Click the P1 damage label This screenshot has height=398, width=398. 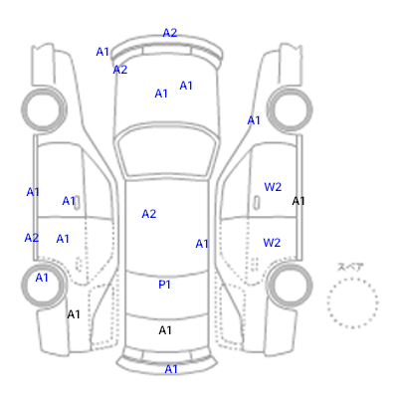[x=164, y=285]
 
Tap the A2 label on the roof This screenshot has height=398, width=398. [x=149, y=214]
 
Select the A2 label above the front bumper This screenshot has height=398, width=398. [x=170, y=33]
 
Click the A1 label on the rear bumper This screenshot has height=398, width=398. [x=171, y=369]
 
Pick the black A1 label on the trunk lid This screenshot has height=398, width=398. [x=165, y=330]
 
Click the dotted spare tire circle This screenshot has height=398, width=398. [x=352, y=302]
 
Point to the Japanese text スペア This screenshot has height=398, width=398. [x=350, y=267]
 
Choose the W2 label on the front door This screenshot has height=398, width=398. [x=273, y=187]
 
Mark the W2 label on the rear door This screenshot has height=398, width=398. [x=272, y=243]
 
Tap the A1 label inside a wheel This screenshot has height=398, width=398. [x=42, y=278]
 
